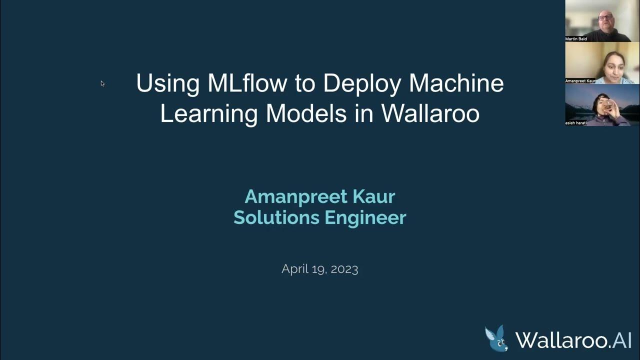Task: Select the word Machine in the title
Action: (x=456, y=83)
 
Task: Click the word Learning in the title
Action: (x=208, y=114)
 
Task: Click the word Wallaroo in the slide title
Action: (x=430, y=113)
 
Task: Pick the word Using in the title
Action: (x=167, y=84)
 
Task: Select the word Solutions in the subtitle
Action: (x=276, y=217)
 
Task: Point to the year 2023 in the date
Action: (x=344, y=269)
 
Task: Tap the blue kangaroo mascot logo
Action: (x=496, y=338)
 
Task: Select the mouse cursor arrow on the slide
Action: (x=102, y=83)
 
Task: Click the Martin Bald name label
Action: (x=576, y=38)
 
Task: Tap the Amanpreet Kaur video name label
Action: (x=580, y=80)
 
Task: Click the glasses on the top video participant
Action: (x=606, y=17)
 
